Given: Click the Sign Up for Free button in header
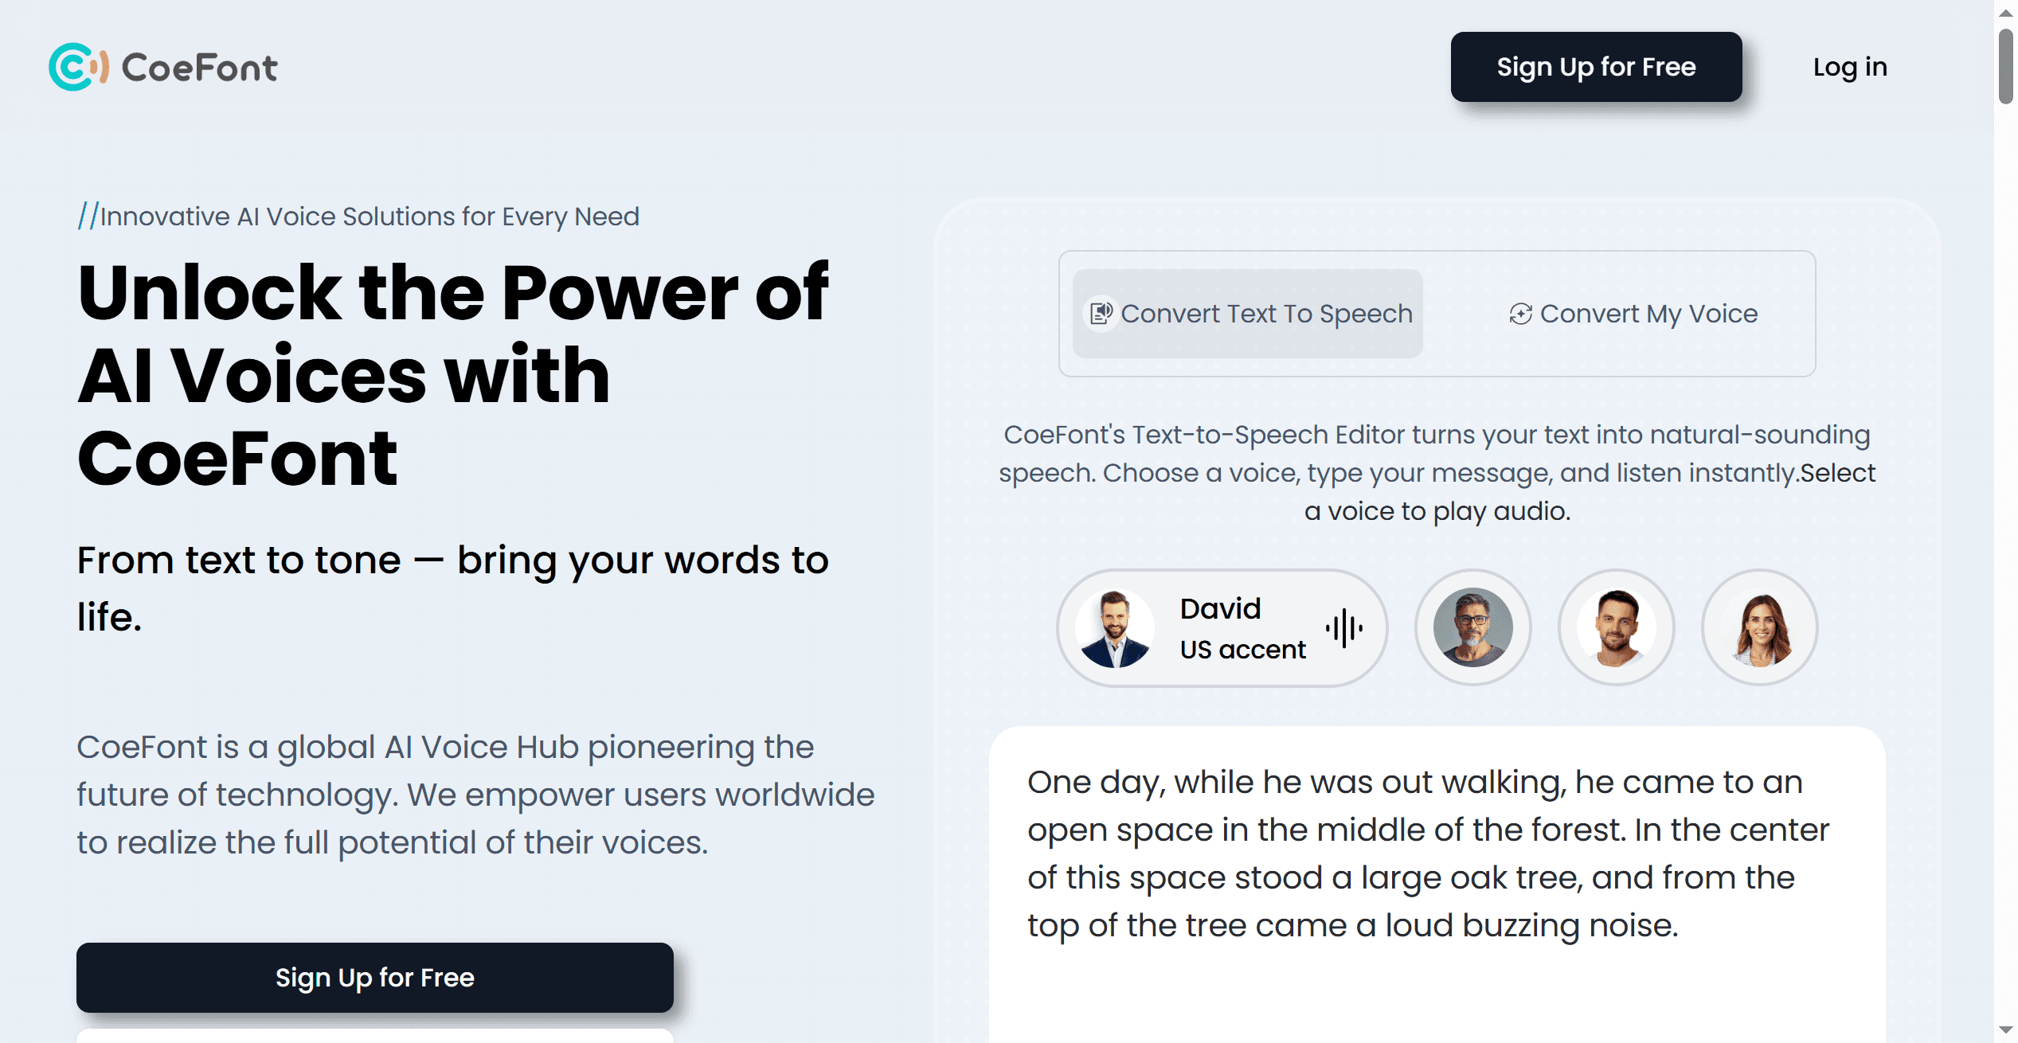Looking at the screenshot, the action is tap(1596, 67).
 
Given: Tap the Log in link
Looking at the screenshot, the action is tap(1850, 67).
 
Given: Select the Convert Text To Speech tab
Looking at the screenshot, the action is tap(1247, 314).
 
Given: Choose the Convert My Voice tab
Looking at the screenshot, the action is tap(1633, 314).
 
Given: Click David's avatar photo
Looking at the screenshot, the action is tap(1114, 628).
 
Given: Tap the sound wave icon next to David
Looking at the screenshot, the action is tap(1344, 628).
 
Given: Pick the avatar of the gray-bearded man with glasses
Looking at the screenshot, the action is tap(1472, 627).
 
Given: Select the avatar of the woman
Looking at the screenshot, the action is tap(1759, 627).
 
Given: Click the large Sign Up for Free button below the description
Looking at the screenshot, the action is tap(375, 978).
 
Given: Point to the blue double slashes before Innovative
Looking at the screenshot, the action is tap(88, 216).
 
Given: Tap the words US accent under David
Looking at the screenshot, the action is tap(1242, 650).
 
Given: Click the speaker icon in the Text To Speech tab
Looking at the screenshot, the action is tap(1101, 314).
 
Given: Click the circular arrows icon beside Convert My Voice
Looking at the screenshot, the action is tap(1520, 314).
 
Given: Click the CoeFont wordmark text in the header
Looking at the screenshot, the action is tap(200, 68).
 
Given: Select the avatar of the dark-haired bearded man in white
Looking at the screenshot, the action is tap(1616, 627).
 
